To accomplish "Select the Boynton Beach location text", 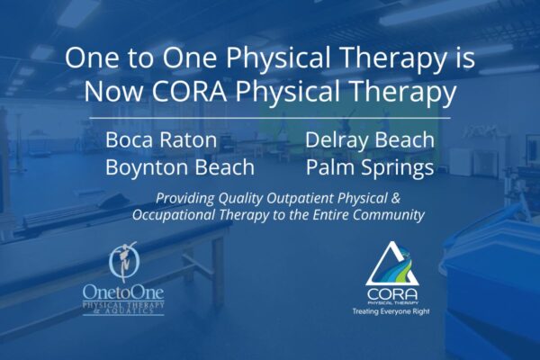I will [x=180, y=167].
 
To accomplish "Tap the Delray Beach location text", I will [x=370, y=140].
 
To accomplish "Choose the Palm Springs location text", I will [x=370, y=167].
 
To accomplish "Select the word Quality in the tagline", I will [x=248, y=199].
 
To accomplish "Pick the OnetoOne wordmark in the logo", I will [x=122, y=292].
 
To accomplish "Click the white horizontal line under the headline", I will [x=270, y=118].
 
